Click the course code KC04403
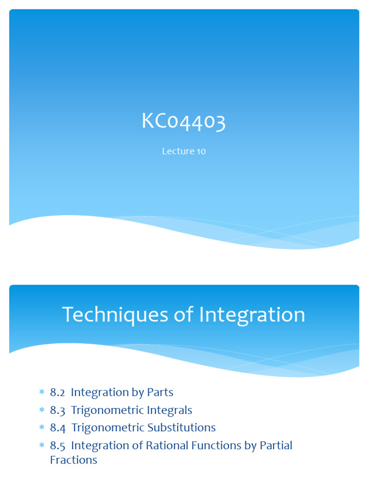click(x=184, y=122)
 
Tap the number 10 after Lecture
click(x=201, y=151)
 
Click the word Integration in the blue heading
click(x=252, y=315)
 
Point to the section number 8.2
click(x=57, y=392)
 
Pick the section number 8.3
click(x=57, y=410)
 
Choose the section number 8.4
click(x=57, y=427)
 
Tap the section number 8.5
click(x=57, y=445)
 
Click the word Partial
click(x=276, y=445)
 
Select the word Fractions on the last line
click(x=73, y=460)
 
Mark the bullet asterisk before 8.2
click(x=41, y=393)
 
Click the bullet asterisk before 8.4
click(x=41, y=428)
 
